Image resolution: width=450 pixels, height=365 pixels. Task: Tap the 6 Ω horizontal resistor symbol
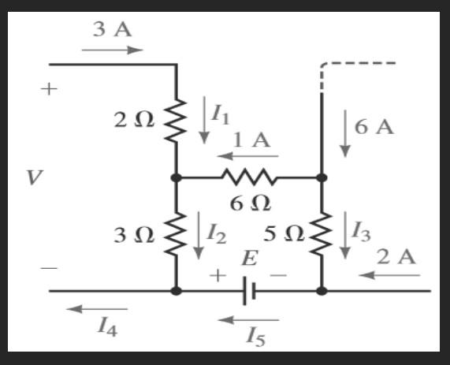click(x=249, y=177)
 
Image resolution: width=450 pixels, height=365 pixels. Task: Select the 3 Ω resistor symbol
click(x=176, y=234)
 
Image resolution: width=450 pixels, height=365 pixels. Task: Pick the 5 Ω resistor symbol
click(x=322, y=234)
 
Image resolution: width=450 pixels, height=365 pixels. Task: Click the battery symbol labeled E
click(x=247, y=291)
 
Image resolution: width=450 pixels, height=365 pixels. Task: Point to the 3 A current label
click(x=112, y=31)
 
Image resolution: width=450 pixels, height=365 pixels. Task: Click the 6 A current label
click(x=374, y=127)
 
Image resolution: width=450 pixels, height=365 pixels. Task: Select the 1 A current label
click(x=251, y=141)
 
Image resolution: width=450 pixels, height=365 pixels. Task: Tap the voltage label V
click(x=32, y=178)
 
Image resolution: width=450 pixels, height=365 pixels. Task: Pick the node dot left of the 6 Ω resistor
click(x=176, y=177)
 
